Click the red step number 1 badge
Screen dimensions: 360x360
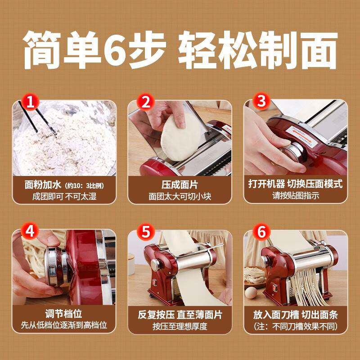[30, 102]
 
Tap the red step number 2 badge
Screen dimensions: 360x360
[146, 102]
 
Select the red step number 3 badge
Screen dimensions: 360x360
[261, 101]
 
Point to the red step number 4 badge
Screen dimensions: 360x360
[30, 231]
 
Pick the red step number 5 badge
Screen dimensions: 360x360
[146, 232]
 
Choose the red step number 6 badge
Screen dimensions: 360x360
[261, 232]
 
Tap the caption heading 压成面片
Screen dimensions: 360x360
[180, 185]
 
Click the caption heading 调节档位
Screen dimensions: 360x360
[63, 314]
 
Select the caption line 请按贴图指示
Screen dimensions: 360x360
[296, 196]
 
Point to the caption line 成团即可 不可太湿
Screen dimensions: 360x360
[64, 197]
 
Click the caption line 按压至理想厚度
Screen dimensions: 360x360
[180, 326]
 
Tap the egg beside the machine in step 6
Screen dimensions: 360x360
[251, 293]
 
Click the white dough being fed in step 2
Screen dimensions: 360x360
[178, 138]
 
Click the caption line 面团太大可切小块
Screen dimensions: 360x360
[180, 197]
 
